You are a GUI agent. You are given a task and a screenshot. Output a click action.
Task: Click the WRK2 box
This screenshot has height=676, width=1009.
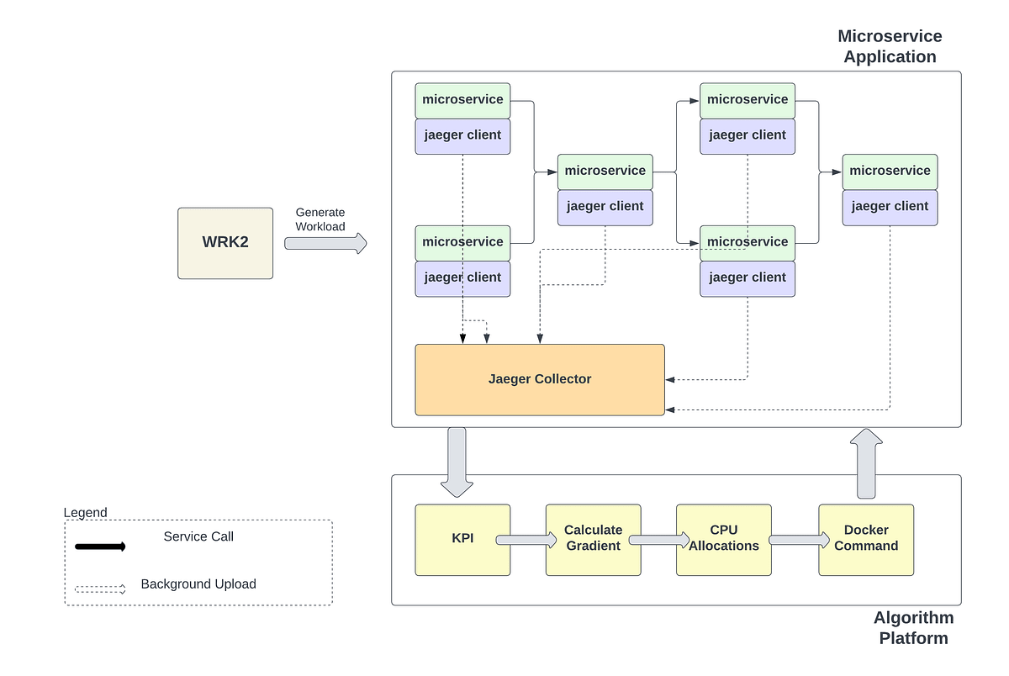point(225,243)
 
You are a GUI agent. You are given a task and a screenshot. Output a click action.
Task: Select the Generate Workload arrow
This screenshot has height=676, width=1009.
point(325,243)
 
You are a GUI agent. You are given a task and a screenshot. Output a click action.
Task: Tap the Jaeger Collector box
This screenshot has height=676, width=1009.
point(540,379)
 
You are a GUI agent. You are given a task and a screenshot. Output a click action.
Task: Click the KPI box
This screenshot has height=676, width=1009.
point(462,539)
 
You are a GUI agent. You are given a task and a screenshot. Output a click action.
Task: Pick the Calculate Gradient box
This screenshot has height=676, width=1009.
point(593,539)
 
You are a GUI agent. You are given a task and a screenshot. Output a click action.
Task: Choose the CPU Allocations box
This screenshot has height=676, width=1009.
point(723,539)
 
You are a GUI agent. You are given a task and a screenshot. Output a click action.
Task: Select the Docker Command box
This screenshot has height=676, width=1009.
point(866,539)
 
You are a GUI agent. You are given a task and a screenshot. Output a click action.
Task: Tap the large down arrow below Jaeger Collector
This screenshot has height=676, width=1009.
point(457,461)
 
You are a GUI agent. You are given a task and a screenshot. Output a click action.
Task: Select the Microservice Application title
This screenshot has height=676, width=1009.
point(890,47)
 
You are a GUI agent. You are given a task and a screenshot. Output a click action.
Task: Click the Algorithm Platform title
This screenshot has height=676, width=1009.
point(913,628)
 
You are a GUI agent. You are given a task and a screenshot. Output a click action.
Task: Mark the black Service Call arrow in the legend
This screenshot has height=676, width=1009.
point(100,547)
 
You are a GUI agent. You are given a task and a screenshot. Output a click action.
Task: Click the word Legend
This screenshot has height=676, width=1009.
point(86,513)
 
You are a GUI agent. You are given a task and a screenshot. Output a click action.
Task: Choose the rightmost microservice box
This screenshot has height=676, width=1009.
point(890,172)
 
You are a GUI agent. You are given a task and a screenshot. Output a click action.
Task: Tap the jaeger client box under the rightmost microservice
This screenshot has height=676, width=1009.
point(890,207)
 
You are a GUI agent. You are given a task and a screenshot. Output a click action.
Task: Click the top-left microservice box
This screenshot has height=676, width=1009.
point(462,100)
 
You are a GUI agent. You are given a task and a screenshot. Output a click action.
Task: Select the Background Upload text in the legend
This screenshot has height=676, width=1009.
point(198,584)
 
